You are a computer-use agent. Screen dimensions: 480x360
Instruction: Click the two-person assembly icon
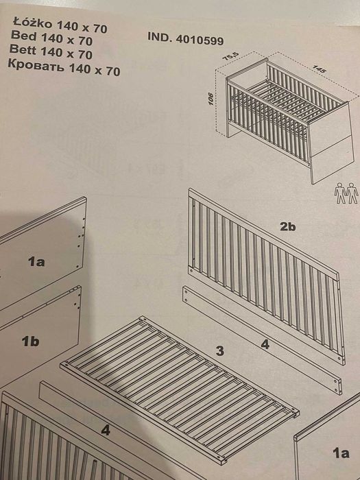(x=346, y=193)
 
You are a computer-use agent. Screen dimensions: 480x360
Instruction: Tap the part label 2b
(x=287, y=227)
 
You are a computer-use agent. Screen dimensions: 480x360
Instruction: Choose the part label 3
(x=219, y=351)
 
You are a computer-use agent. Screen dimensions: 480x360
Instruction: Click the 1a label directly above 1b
(x=36, y=261)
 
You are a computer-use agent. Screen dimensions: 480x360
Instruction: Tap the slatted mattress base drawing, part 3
(x=178, y=387)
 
